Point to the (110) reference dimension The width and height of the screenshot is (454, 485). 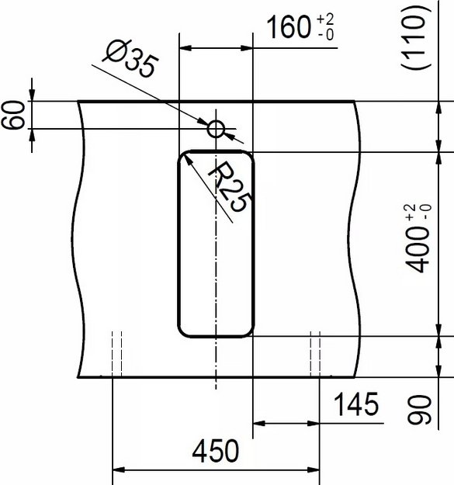point(420,40)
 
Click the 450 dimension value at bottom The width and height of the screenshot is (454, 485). point(214,451)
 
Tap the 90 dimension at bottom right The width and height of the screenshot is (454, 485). point(420,410)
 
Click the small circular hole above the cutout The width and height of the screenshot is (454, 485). point(216,128)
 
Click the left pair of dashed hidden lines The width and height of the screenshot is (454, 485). point(116,353)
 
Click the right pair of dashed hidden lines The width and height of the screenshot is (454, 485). point(314,353)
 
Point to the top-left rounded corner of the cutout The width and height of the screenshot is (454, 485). point(186,158)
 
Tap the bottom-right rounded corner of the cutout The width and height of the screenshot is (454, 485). point(246,330)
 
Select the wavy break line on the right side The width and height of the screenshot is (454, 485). point(359,233)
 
